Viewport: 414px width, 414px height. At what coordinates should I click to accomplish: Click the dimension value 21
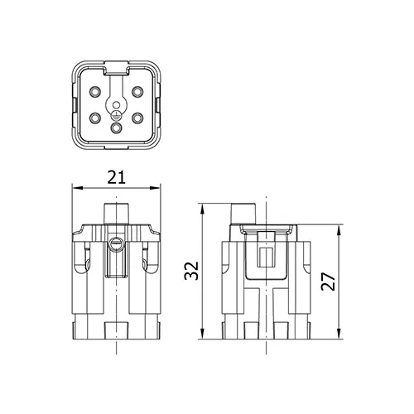click(116, 177)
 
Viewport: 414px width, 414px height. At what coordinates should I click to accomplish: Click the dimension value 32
click(191, 271)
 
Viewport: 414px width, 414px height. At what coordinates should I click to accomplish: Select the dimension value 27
click(328, 282)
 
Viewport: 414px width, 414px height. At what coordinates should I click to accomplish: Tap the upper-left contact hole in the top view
click(95, 91)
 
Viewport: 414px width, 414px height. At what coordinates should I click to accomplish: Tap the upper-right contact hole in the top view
click(137, 91)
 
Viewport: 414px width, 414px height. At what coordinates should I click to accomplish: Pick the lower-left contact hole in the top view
click(95, 118)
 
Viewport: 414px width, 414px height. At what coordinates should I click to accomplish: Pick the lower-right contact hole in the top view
click(137, 118)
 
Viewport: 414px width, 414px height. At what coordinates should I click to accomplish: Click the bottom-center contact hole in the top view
click(117, 128)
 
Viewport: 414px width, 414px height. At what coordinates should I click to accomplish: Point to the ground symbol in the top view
click(117, 116)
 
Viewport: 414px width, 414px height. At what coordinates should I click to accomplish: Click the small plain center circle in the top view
click(117, 104)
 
